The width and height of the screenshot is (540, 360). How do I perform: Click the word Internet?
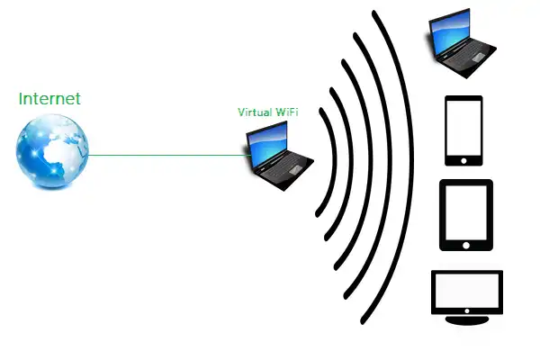tap(49, 98)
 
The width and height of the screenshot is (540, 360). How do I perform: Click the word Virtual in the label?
tap(255, 112)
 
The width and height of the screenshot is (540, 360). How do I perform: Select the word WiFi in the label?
tap(287, 112)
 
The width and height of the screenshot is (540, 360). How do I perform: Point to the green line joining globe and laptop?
tap(171, 155)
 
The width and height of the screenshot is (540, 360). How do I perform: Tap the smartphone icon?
tap(464, 130)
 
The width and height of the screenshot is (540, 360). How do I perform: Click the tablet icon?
tap(465, 215)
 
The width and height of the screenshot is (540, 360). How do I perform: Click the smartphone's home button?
tap(464, 158)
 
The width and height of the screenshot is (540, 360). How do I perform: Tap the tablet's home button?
tap(465, 244)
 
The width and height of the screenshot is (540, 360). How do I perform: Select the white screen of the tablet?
tap(465, 211)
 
